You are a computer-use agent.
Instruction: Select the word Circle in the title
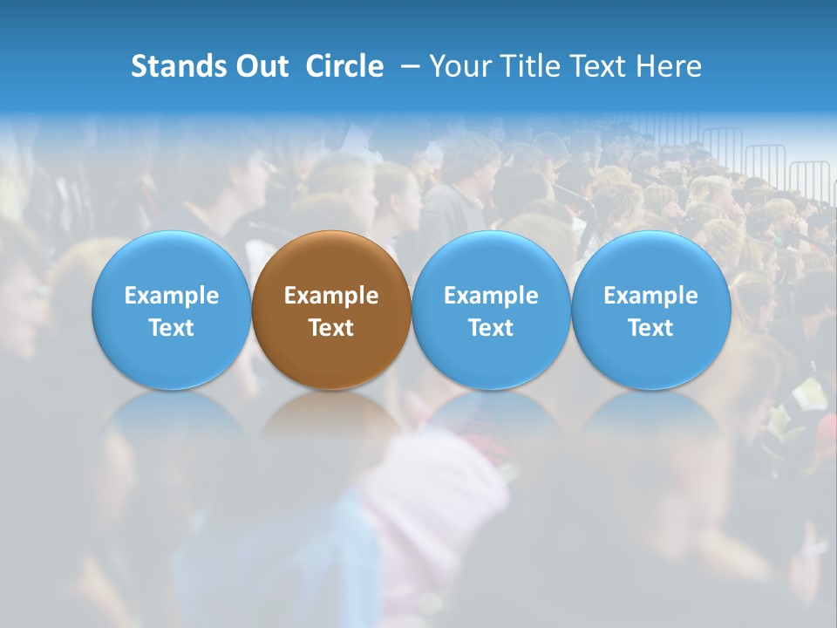click(x=344, y=66)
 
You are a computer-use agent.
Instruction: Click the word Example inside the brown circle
click(x=331, y=296)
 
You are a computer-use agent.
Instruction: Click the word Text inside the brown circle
click(x=331, y=328)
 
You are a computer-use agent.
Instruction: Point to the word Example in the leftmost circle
click(x=171, y=296)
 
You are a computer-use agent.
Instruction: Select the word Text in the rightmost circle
click(x=651, y=328)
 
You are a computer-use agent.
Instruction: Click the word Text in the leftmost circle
click(x=171, y=328)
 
